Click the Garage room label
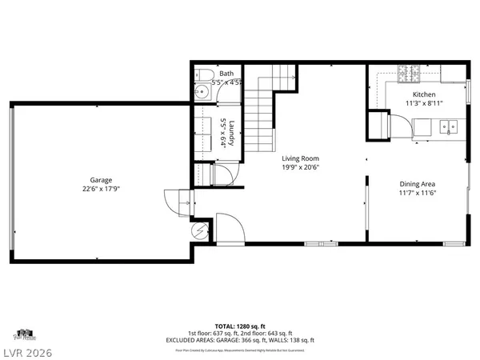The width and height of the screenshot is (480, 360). [101, 180]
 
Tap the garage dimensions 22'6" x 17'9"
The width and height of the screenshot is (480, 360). [101, 190]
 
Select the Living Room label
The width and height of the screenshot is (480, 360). [300, 158]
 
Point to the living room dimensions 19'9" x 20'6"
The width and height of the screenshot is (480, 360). [300, 168]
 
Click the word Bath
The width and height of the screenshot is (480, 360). [226, 73]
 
